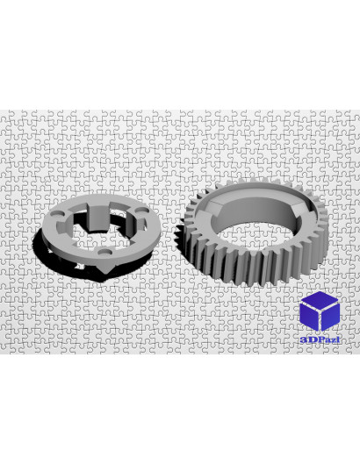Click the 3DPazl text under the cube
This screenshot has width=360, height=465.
tap(320, 340)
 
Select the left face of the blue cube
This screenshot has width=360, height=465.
tap(309, 316)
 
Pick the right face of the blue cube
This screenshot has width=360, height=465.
tap(330, 316)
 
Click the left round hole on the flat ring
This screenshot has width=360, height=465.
tap(58, 213)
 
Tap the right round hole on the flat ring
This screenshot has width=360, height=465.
tap(142, 210)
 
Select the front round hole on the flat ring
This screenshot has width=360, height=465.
tap(105, 252)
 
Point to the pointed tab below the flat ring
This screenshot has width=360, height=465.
tap(104, 268)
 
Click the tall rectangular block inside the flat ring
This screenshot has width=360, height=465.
tap(99, 217)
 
